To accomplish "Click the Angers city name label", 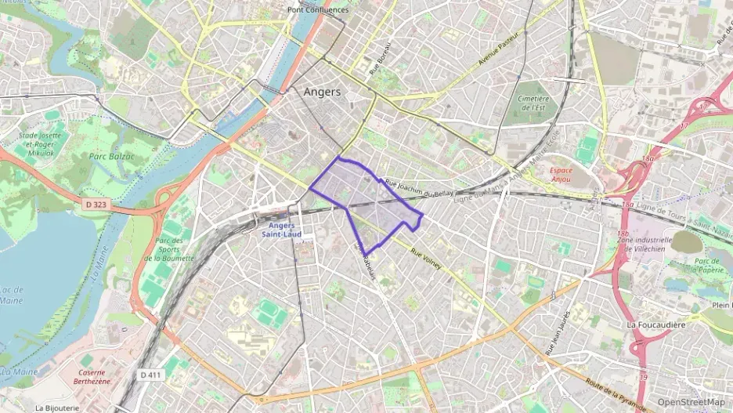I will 322,92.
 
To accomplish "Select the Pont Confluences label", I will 317,9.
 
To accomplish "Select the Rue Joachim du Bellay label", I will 419,185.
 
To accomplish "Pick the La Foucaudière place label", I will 655,324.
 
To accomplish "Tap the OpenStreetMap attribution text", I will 691,402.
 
